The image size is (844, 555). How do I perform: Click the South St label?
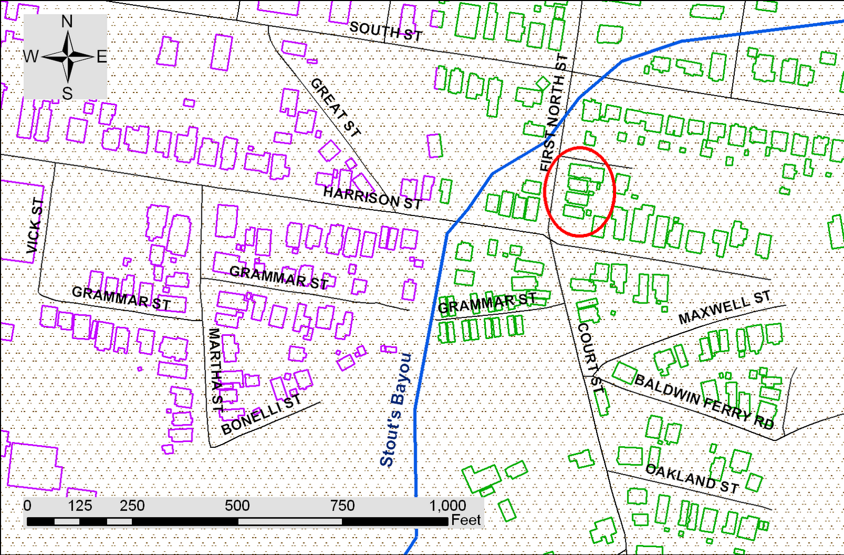pyautogui.click(x=386, y=32)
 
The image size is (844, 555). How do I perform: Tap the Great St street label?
pyautogui.click(x=335, y=107)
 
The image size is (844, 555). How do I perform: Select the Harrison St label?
pyautogui.click(x=372, y=197)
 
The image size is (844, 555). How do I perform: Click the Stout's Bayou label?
pyautogui.click(x=395, y=410)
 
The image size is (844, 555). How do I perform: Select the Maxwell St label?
pyautogui.click(x=724, y=308)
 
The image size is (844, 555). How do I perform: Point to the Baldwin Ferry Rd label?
pyautogui.click(x=704, y=401)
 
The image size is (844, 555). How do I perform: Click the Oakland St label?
pyautogui.click(x=692, y=478)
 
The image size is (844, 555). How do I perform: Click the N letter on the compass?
pyautogui.click(x=67, y=22)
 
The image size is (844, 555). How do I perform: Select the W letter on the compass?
pyautogui.click(x=31, y=56)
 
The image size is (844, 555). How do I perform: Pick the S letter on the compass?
pyautogui.click(x=67, y=93)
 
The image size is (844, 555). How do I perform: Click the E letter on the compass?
pyautogui.click(x=101, y=57)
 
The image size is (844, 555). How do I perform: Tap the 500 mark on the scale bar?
pyautogui.click(x=237, y=506)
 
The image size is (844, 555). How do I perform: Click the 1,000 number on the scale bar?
pyautogui.click(x=447, y=506)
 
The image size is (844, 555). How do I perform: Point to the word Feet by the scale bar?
pyautogui.click(x=466, y=521)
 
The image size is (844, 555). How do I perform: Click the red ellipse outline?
pyautogui.click(x=614, y=191)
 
